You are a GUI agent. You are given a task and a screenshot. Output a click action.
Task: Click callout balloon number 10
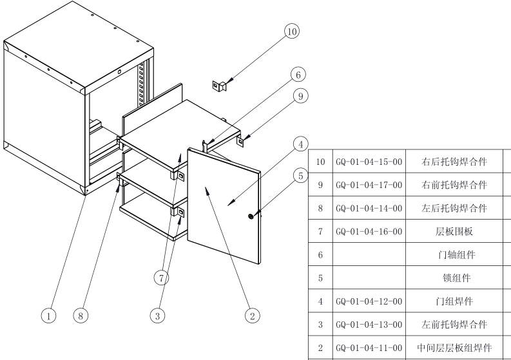pos(292,31)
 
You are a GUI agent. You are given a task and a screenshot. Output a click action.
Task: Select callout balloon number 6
pos(297,75)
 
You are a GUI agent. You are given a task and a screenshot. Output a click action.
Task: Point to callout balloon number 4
pos(300,144)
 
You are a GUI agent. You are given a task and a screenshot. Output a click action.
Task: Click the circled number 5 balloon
pos(300,175)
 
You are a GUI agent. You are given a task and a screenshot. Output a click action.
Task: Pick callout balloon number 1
pos(48,316)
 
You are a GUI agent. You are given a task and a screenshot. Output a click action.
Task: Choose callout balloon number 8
pos(81,316)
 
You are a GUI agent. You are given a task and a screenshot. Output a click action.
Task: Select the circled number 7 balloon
pos(162,278)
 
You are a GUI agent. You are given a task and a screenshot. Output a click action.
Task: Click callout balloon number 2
pos(253,316)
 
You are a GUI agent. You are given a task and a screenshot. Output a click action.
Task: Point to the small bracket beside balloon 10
pos(219,84)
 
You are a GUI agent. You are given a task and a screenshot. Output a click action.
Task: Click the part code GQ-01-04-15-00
pos(369,161)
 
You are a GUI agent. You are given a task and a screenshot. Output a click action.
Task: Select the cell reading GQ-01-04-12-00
pos(369,301)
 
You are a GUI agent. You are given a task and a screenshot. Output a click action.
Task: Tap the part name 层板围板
pos(455,231)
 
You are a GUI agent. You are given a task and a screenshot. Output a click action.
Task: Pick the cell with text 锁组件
pos(455,278)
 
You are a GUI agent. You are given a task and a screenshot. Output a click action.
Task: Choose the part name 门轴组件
pos(455,254)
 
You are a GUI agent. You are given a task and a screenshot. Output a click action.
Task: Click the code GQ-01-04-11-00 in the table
pos(369,348)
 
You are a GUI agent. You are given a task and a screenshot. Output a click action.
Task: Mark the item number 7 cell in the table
pos(320,231)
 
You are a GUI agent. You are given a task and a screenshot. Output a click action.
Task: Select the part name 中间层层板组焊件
pos(455,348)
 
